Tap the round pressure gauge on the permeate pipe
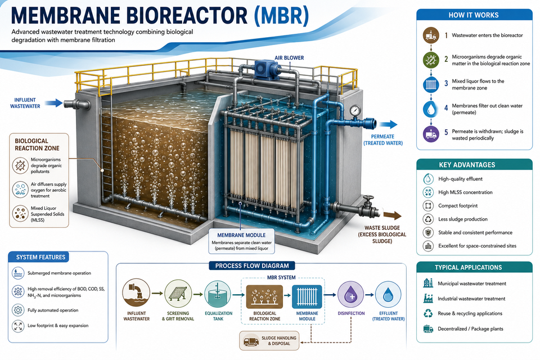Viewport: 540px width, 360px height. click(355, 110)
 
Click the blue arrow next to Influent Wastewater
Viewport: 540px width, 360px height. click(54, 102)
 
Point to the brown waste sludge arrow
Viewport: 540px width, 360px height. click(393, 215)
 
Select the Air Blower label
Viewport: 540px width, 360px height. click(289, 58)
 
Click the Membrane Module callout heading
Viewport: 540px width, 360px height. click(241, 235)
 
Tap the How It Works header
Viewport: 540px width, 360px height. click(474, 15)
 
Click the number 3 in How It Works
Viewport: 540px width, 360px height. click(446, 84)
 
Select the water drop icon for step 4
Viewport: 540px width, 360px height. click(431, 109)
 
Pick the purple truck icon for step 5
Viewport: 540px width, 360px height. click(431, 134)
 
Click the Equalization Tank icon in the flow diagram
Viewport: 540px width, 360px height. click(218, 294)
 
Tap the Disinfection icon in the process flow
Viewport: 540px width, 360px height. click(351, 295)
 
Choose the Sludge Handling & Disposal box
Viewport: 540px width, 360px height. click(269, 341)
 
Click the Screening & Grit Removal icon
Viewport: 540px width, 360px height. click(178, 294)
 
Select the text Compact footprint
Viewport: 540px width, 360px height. click(458, 206)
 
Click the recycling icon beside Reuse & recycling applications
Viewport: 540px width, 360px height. click(428, 313)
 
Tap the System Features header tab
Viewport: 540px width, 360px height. click(40, 257)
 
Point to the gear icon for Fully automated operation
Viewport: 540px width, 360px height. click(17, 310)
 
